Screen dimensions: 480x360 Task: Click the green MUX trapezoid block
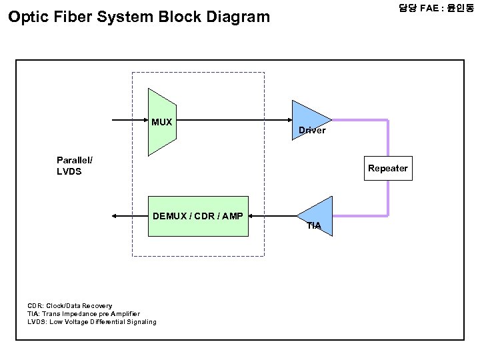[x=162, y=122]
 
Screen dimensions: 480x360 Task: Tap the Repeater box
[x=388, y=168]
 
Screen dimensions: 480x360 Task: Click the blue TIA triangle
[x=319, y=216]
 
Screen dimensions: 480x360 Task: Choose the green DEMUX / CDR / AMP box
[x=198, y=216]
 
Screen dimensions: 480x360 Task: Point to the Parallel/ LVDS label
[x=75, y=165]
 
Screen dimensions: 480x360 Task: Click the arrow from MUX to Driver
[x=234, y=120]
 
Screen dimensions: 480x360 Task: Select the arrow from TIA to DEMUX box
[x=273, y=216]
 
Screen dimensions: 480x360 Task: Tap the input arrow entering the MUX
[x=130, y=120]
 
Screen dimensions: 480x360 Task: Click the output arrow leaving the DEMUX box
[x=130, y=216]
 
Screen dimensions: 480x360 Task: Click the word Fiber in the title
[x=73, y=17]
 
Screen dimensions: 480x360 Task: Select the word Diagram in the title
[x=238, y=17]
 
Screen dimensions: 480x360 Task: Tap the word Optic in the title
[x=29, y=17]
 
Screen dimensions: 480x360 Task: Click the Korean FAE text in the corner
[x=436, y=7]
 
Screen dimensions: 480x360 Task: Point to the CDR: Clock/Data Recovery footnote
[x=70, y=306]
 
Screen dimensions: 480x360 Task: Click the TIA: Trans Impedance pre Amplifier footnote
[x=83, y=314]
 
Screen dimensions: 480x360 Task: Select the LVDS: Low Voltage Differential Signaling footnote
[x=92, y=322]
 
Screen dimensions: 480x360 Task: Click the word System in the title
[x=125, y=17]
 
